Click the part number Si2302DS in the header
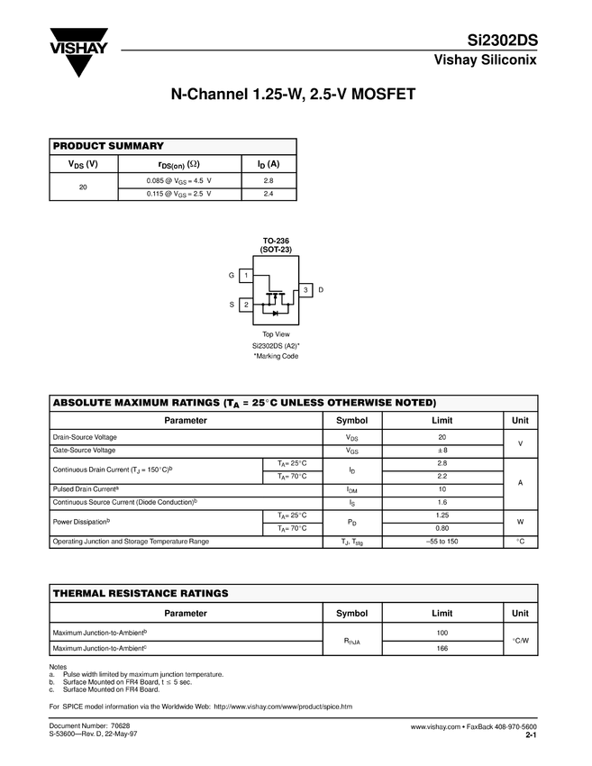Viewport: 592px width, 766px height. (502, 41)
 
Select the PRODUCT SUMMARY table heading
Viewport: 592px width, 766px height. (109, 146)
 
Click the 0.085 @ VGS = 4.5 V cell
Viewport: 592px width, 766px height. (179, 181)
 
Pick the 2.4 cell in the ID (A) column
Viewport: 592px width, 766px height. (269, 194)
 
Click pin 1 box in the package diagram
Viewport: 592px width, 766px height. (246, 275)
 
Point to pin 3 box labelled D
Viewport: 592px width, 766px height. (306, 289)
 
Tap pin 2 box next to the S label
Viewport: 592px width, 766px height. (246, 305)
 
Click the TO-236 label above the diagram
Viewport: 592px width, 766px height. (276, 241)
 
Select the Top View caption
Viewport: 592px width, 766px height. (276, 334)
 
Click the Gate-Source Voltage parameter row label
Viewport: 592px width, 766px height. (85, 450)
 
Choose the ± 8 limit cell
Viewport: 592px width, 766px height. (442, 450)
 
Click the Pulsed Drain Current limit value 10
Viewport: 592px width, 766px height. (442, 488)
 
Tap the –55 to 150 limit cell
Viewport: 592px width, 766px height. (442, 542)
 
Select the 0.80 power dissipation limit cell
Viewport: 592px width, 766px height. (442, 528)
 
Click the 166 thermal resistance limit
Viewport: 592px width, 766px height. (442, 648)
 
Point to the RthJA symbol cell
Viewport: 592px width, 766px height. (351, 642)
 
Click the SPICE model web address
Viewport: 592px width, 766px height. (282, 706)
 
